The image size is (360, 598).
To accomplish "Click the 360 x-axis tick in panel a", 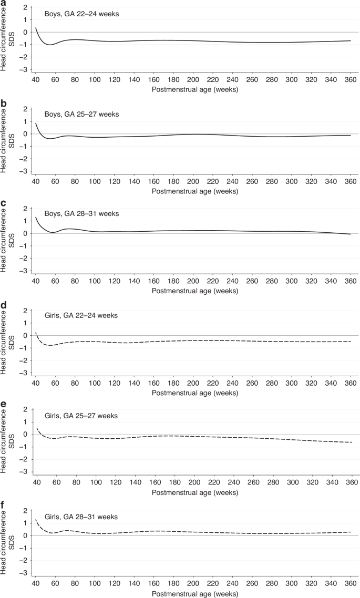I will coord(346,79).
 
